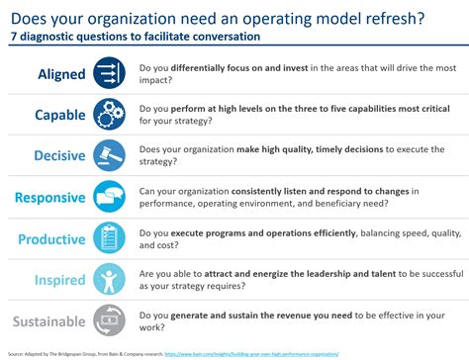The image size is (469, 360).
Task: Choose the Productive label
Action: pos(52,238)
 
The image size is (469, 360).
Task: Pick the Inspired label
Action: pos(60,279)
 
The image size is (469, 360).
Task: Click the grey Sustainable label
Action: pos(48,319)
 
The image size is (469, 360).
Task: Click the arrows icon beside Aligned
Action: pos(108,73)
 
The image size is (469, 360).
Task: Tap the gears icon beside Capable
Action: pos(108,115)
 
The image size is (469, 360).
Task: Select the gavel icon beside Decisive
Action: pos(108,155)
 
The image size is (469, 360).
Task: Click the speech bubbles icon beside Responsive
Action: pos(108,197)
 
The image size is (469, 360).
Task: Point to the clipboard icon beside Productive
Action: pos(108,237)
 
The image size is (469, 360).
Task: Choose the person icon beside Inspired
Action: pos(108,278)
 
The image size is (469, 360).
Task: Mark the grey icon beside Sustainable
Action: pos(108,319)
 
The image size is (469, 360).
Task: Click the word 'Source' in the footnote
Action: pos(12,353)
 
